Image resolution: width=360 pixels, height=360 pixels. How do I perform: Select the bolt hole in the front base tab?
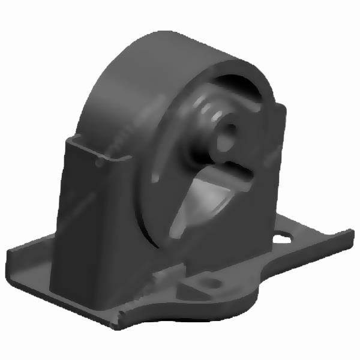(x=209, y=281)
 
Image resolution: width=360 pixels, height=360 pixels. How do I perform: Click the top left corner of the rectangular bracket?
(x=67, y=139)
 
